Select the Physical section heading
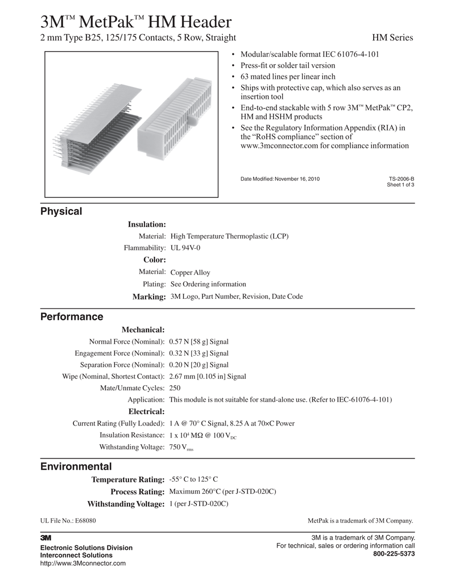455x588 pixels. [61, 211]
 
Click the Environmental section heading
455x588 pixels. [76, 466]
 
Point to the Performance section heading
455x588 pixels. [71, 316]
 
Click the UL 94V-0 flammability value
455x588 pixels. [185, 248]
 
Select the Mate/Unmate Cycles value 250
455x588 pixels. [175, 388]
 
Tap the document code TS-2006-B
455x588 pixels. [402, 179]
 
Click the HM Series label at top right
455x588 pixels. [392, 38]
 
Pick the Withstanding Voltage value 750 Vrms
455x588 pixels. [182, 447]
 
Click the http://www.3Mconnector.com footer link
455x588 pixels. [82, 563]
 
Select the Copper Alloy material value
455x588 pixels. [190, 273]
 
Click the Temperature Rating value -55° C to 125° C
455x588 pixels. [193, 479]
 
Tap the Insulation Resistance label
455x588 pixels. [132, 435]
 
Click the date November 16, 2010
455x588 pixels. [297, 179]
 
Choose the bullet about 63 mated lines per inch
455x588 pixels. [288, 77]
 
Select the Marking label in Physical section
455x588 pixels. [149, 297]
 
